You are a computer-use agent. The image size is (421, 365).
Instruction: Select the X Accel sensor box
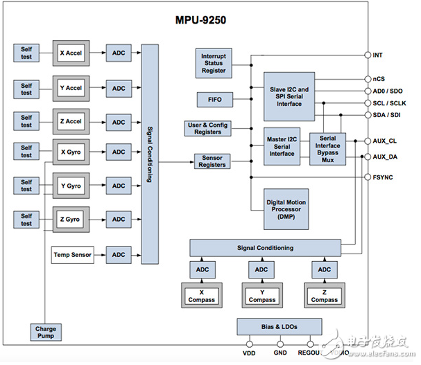click(x=71, y=52)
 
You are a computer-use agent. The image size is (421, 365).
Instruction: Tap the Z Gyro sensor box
click(x=71, y=220)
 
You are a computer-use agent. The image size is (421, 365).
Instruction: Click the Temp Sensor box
click(x=72, y=254)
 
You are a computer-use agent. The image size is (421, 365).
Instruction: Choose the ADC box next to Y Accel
click(x=119, y=88)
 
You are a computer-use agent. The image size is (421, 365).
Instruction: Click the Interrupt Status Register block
click(x=213, y=64)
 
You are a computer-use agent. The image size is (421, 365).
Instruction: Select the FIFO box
click(x=212, y=100)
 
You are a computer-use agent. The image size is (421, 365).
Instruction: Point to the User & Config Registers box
click(x=207, y=129)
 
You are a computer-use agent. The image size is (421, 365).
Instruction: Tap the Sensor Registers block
click(x=212, y=161)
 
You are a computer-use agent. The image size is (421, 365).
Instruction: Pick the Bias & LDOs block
click(x=279, y=326)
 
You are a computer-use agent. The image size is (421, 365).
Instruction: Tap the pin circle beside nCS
click(x=368, y=79)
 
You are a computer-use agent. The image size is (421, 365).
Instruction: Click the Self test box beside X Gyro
click(x=26, y=152)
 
